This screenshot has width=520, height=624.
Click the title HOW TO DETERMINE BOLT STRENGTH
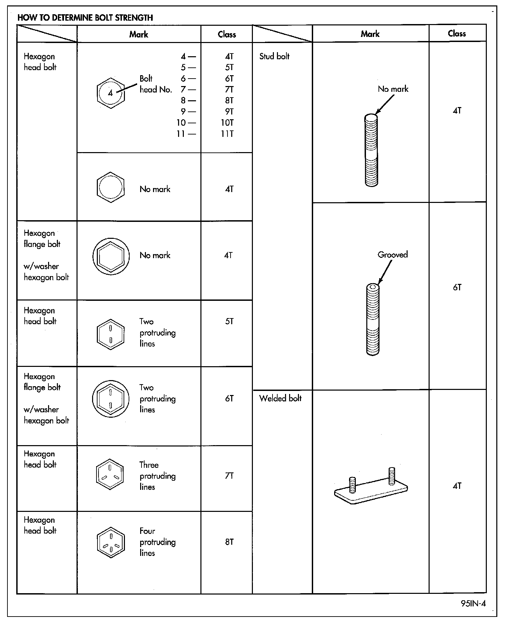point(85,18)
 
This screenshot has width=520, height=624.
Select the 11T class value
point(227,134)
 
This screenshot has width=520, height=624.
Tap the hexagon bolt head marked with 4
point(111,93)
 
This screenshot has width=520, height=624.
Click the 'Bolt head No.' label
point(156,84)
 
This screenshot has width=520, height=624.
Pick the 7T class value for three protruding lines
point(229,476)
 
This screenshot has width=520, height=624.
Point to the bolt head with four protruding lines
point(111,542)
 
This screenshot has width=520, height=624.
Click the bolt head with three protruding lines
point(110,473)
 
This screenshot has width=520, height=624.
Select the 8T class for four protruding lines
point(229,542)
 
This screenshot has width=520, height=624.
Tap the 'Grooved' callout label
point(393,255)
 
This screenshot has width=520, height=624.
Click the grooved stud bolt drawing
point(373,319)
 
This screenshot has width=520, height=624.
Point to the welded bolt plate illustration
point(371,487)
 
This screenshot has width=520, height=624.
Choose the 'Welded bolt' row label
point(280,398)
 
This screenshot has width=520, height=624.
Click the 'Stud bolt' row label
point(274,56)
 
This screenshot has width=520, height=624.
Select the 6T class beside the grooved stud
point(457,288)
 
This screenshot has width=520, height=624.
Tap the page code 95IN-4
point(473,603)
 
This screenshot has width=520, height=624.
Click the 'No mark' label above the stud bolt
point(393,89)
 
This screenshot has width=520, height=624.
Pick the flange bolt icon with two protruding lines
point(111,398)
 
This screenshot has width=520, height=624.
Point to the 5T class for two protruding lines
point(229,321)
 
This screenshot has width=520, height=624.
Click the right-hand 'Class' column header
point(457,33)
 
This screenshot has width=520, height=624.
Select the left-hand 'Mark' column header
point(138,34)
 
